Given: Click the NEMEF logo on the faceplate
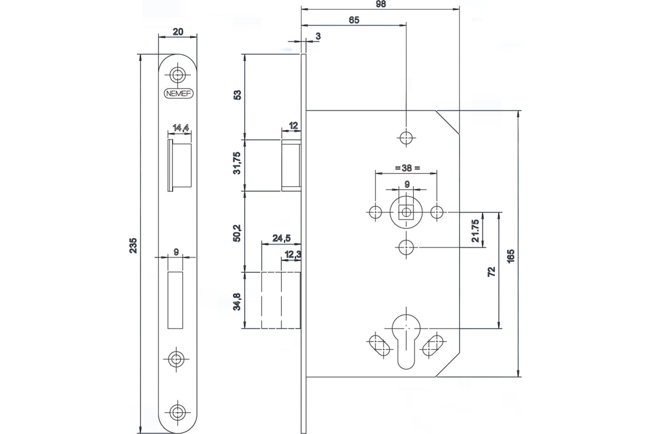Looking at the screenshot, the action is point(178,94).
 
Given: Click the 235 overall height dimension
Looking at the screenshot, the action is point(133,246).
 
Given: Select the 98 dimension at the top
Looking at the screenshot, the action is point(380,4).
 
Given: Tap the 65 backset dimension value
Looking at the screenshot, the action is point(354,20).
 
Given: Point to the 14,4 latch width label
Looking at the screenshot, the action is point(181,127).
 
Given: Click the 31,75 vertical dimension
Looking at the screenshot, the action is point(238,163).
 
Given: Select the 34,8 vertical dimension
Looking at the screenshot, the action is point(237,302).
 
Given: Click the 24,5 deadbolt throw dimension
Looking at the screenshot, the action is point(282,238).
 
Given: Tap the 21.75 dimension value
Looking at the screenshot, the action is point(475,231).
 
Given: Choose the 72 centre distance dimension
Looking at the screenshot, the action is point(491,272).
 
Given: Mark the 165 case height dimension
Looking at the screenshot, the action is point(510,256).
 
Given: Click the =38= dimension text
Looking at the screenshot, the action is point(407,168).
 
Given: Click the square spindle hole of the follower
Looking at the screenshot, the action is point(406,213).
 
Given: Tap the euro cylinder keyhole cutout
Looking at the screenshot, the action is point(406,342).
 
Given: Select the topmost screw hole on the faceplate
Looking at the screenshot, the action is point(177,75).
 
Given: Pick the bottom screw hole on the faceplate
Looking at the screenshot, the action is point(177,412).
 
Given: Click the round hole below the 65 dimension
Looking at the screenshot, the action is point(406,138).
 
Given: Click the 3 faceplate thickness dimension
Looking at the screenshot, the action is point(318,36).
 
